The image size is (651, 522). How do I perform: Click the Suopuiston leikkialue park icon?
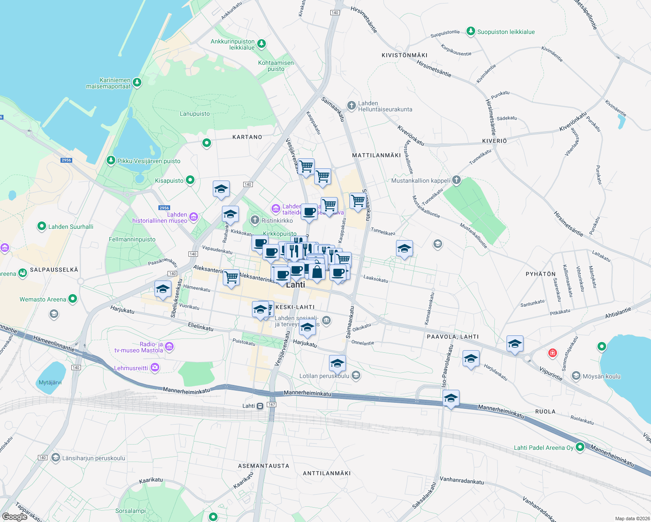[470, 31]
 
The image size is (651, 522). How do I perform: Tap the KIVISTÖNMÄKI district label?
[404, 55]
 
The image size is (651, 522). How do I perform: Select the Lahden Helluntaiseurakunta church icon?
[351, 106]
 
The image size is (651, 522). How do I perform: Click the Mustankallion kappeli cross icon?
[456, 180]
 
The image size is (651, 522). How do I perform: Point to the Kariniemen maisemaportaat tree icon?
[137, 83]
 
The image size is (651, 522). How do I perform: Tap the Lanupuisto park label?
[195, 114]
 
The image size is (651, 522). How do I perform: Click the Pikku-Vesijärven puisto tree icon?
[111, 161]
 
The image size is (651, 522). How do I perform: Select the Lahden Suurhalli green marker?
[42, 226]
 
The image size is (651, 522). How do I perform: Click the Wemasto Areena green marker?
[73, 299]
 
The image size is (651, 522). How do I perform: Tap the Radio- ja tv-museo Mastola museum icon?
[169, 347]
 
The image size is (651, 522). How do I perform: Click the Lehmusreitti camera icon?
[154, 368]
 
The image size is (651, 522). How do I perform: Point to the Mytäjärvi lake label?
[50, 383]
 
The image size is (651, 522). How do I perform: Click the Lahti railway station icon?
[260, 406]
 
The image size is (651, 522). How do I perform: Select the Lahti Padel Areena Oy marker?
[580, 447]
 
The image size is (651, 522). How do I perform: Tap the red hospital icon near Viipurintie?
[553, 353]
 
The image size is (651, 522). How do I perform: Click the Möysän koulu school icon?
[576, 376]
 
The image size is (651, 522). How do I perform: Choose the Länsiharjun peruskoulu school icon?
[55, 458]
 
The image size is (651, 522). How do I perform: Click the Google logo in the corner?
[15, 517]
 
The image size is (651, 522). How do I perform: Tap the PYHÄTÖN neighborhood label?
[540, 274]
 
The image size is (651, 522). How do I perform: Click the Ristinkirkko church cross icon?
[255, 221]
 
